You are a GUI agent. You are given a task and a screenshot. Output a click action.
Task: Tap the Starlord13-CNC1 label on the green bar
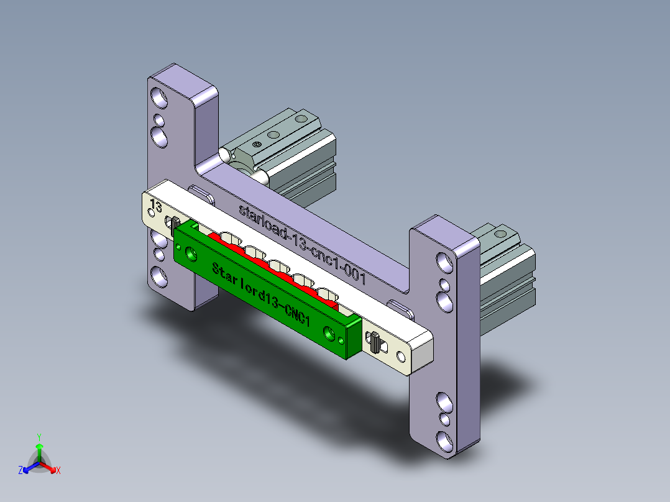261,293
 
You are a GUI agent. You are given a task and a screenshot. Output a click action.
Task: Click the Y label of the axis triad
39,437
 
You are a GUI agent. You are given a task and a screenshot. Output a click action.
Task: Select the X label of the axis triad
58,470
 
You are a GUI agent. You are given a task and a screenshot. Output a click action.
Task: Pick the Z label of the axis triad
20,470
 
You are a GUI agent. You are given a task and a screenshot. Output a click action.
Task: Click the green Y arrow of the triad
39,453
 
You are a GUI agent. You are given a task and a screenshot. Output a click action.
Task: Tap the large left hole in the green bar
191,254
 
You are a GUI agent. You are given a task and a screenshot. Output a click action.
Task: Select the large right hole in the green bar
329,333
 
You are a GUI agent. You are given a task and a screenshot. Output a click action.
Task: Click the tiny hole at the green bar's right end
341,340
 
